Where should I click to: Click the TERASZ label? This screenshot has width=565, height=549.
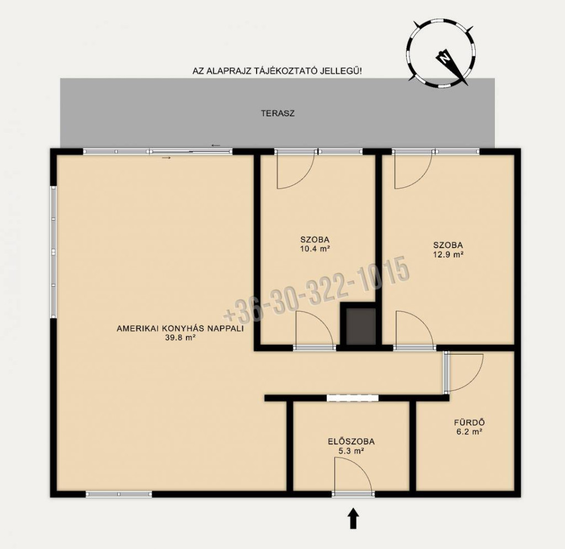(x=278, y=114)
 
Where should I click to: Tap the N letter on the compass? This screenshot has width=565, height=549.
(x=444, y=57)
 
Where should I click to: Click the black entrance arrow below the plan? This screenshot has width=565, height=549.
(x=353, y=518)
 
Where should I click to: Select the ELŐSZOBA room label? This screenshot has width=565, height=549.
(x=351, y=442)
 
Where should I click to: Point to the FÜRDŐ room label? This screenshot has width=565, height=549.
(x=469, y=423)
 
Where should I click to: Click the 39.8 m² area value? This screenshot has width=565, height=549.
(x=180, y=337)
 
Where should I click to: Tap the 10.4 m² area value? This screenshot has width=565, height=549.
(x=315, y=249)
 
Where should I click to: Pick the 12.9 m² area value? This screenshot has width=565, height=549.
(x=448, y=255)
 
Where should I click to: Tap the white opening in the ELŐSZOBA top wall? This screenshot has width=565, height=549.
(x=353, y=398)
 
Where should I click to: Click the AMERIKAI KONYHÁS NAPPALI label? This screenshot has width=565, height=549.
(x=180, y=329)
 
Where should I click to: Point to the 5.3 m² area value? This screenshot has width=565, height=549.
(x=351, y=450)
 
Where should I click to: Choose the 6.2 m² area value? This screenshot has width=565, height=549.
(x=469, y=432)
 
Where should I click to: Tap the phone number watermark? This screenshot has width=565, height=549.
(x=316, y=290)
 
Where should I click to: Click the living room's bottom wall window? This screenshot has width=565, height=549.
(x=119, y=494)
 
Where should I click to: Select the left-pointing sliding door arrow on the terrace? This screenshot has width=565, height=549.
(x=216, y=146)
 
